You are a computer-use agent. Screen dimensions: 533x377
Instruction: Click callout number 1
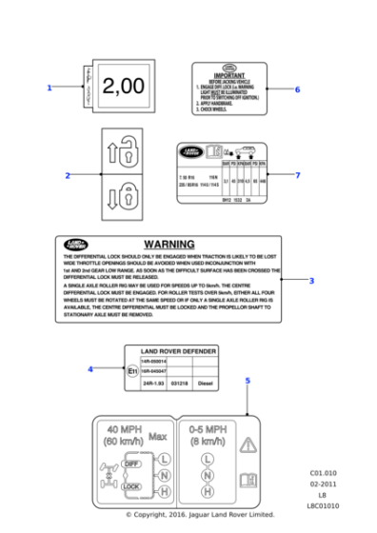pos(49,88)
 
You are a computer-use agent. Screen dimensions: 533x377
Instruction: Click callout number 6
pos(297,89)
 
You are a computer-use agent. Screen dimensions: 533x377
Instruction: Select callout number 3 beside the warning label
pos(311,281)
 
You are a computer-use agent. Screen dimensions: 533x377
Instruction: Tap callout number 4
pos(90,369)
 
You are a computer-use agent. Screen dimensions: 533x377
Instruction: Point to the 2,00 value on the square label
pos(123,88)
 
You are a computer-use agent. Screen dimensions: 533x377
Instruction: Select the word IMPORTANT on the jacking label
pos(229,75)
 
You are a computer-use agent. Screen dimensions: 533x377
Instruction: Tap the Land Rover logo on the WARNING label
pos(74,245)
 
